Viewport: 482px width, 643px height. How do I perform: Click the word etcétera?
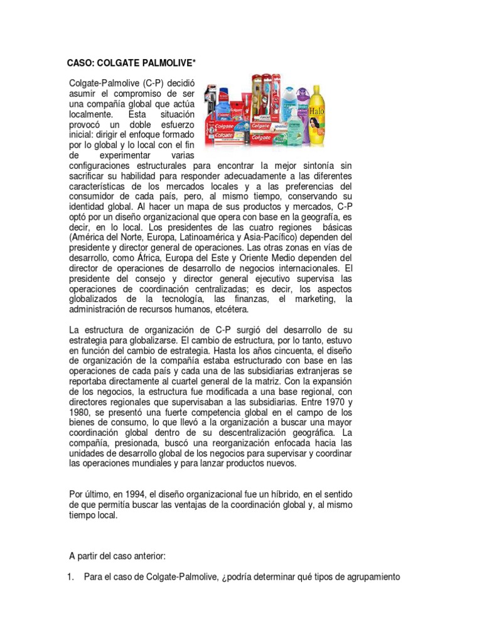pyautogui.click(x=230, y=309)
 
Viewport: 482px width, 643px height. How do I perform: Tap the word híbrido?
pyautogui.click(x=287, y=494)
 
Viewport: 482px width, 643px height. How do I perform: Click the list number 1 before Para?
pyautogui.click(x=70, y=577)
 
